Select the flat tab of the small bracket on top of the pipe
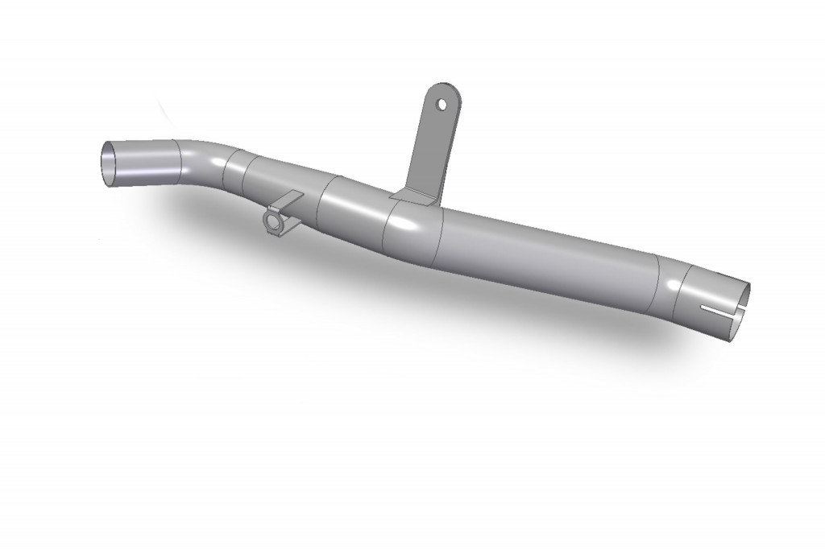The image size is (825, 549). (x=290, y=199)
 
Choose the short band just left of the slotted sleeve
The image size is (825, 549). (x=667, y=289)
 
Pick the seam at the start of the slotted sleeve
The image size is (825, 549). (x=680, y=293)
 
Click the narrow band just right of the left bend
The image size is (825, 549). (x=235, y=173)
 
